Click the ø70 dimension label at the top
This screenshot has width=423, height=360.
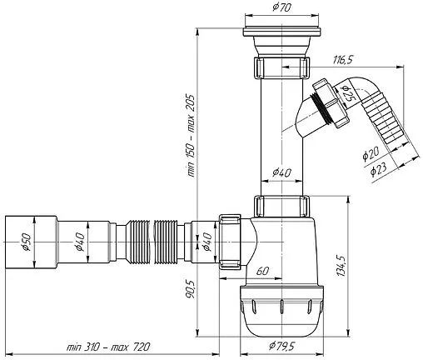(x=281, y=7)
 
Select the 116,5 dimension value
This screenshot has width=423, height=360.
(x=343, y=59)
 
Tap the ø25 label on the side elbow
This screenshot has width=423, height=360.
(x=347, y=93)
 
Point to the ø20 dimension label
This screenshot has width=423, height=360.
(x=371, y=154)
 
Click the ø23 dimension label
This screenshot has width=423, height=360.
(x=379, y=168)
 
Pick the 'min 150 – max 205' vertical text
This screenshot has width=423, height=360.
(x=192, y=136)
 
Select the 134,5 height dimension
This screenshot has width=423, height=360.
(x=341, y=265)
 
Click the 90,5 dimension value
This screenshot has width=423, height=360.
(x=190, y=289)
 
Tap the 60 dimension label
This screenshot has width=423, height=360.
(x=262, y=271)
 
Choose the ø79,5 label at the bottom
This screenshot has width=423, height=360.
(x=281, y=346)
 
